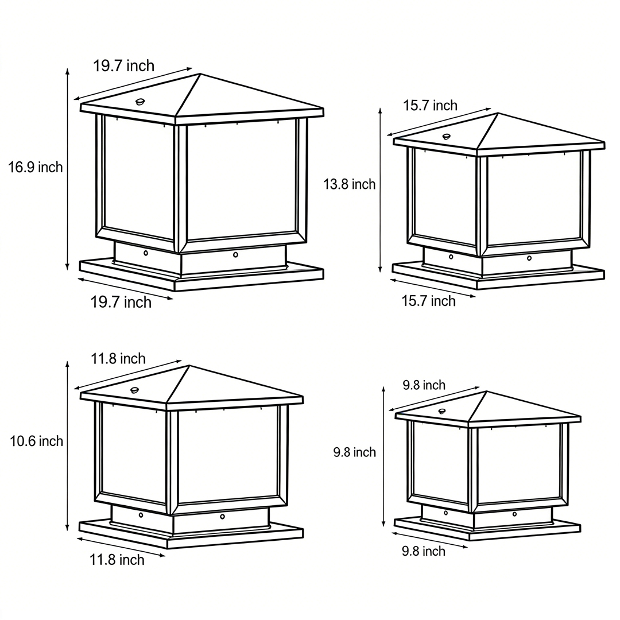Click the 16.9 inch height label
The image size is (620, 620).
click(36, 168)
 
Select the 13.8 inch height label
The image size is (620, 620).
click(349, 184)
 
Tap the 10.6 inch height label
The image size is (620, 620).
click(37, 441)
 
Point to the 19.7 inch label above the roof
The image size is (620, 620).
click(124, 65)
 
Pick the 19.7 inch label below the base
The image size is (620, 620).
click(121, 302)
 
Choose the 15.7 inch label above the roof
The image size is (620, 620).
click(431, 106)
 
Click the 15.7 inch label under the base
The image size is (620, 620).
click(428, 301)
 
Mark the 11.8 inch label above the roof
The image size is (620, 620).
click(118, 359)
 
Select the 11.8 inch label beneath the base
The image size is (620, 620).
click(117, 560)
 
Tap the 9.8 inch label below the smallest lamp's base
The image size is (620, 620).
click(423, 551)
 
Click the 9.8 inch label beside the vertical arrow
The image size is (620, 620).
click(355, 452)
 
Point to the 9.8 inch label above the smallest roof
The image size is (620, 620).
click(424, 385)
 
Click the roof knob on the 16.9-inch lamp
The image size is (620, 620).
click(141, 102)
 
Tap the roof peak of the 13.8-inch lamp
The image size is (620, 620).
click(498, 113)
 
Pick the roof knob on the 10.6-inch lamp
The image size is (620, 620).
click(135, 390)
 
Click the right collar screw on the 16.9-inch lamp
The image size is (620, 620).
click(235, 254)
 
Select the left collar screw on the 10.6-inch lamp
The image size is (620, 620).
click(141, 515)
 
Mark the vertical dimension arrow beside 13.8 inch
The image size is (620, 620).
click(380, 189)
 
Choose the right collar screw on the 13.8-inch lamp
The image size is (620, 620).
click(529, 258)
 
